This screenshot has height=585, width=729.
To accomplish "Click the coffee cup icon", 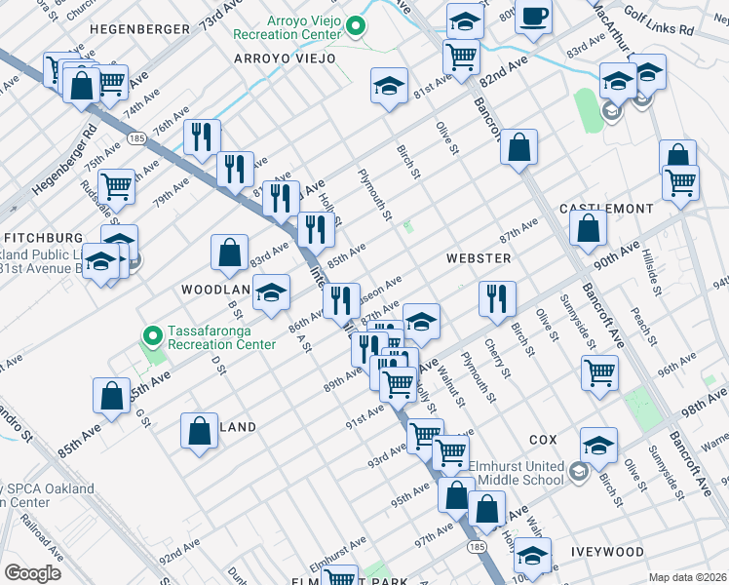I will click(x=533, y=17).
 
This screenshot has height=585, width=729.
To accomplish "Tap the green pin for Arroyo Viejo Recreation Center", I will click(x=356, y=27).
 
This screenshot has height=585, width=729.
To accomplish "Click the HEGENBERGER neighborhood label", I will click(x=138, y=29).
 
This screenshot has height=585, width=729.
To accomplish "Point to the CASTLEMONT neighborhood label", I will click(x=606, y=210).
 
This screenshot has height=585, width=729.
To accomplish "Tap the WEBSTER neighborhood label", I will click(x=478, y=258).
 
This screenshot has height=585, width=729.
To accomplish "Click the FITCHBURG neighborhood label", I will click(x=43, y=238).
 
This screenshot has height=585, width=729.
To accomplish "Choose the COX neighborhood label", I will click(x=543, y=440).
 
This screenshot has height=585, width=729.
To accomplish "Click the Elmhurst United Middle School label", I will click(x=518, y=472).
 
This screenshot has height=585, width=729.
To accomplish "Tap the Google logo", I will click(x=32, y=572).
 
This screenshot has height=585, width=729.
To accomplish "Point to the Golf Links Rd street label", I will click(x=658, y=31).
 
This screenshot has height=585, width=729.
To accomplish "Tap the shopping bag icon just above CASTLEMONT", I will click(x=588, y=229).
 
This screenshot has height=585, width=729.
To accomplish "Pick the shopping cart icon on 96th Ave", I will click(x=599, y=371).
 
